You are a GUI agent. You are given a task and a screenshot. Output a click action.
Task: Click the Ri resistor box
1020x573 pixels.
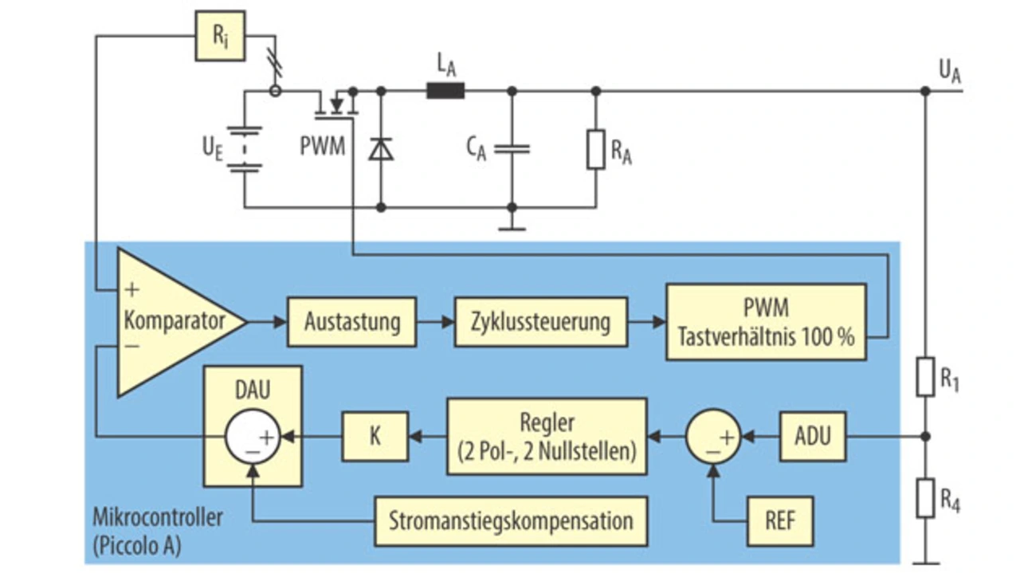click(x=221, y=35)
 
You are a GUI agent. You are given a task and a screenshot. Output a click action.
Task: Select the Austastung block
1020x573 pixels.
click(x=351, y=322)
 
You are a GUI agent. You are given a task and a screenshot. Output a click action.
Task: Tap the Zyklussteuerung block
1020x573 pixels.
click(x=541, y=322)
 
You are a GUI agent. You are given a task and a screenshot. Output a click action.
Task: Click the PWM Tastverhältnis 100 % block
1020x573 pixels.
click(x=766, y=322)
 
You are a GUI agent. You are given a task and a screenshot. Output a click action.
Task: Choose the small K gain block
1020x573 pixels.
click(x=375, y=436)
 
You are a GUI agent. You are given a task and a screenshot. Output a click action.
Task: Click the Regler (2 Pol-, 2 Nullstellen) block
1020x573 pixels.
click(x=547, y=436)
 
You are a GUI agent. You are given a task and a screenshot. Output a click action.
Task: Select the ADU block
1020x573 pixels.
click(x=812, y=436)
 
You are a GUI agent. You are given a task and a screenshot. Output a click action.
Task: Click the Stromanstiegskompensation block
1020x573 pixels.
click(x=510, y=521)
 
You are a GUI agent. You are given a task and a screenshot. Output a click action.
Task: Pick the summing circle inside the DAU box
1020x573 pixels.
click(x=252, y=437)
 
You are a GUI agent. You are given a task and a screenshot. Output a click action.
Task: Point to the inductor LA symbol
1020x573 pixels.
click(x=445, y=91)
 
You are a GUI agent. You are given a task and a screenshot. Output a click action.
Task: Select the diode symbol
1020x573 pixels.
click(x=381, y=149)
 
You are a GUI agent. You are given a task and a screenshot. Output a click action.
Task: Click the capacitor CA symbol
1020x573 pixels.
click(x=512, y=149)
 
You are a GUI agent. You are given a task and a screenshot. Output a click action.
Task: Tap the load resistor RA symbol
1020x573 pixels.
click(x=596, y=149)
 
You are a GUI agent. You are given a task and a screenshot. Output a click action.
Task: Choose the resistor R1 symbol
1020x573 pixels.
click(x=925, y=377)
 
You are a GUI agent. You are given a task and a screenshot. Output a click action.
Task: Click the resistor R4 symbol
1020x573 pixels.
click(x=925, y=497)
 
